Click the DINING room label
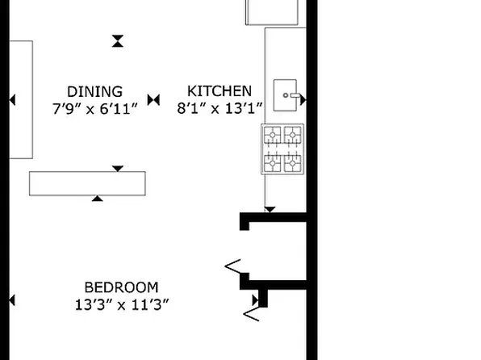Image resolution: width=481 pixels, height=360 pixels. pyautogui.click(x=95, y=91)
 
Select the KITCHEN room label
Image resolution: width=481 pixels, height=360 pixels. pyautogui.click(x=220, y=91)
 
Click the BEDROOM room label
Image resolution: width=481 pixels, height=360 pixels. pyautogui.click(x=121, y=287)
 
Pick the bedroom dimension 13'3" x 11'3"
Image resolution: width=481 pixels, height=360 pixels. pyautogui.click(x=121, y=304)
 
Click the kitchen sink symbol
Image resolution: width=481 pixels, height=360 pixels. pyautogui.click(x=287, y=96)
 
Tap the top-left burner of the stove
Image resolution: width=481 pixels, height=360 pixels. pyautogui.click(x=273, y=135)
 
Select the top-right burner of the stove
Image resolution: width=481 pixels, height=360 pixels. pyautogui.click(x=293, y=135)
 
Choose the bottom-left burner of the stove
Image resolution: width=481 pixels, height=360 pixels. pyautogui.click(x=273, y=162)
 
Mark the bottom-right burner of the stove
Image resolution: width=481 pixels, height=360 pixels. pyautogui.click(x=293, y=162)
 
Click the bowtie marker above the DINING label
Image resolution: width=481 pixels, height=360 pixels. pyautogui.click(x=119, y=40)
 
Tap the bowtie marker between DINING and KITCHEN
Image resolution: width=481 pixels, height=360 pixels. pyautogui.click(x=155, y=99)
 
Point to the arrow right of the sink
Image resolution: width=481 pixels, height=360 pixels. pyautogui.click(x=303, y=99)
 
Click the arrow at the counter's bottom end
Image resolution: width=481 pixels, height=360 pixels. pyautogui.click(x=270, y=210)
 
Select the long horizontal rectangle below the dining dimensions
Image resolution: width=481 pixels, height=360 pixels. pyautogui.click(x=87, y=183)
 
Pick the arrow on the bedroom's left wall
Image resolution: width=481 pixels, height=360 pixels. pyautogui.click(x=12, y=300)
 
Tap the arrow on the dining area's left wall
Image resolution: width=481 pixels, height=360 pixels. pyautogui.click(x=12, y=100)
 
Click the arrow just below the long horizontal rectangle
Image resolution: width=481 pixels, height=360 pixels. pyautogui.click(x=98, y=199)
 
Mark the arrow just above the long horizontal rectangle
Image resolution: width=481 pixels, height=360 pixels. pyautogui.click(x=118, y=168)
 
